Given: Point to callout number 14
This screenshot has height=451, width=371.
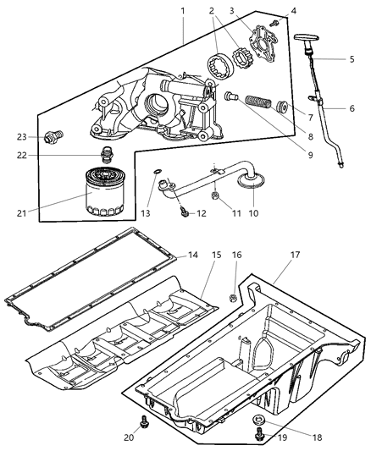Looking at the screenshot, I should pos(193,254).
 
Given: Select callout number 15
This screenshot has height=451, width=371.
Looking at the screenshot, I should pos(216,254).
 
